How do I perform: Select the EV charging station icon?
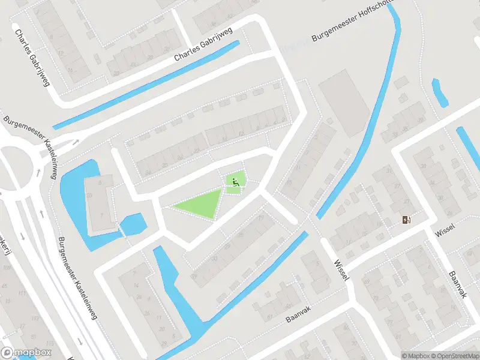pyautogui.click(x=408, y=220)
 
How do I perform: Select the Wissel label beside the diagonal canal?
pyautogui.click(x=340, y=272)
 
